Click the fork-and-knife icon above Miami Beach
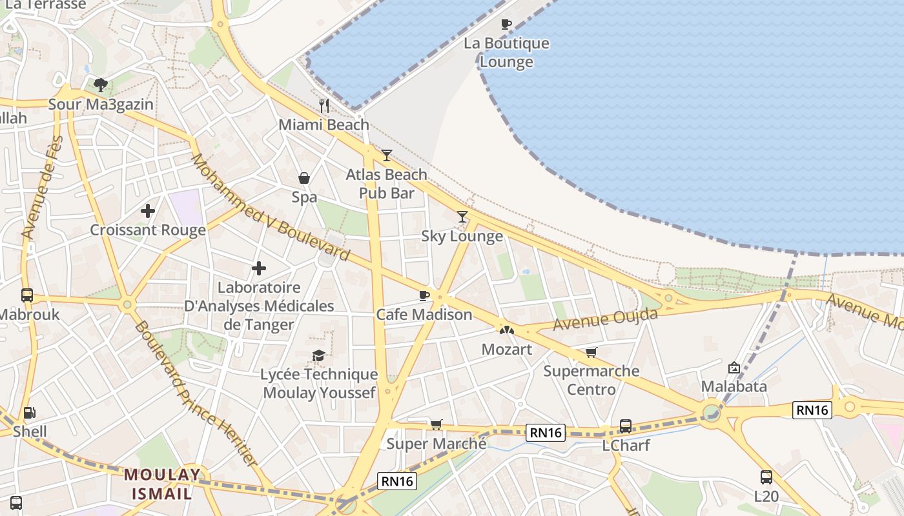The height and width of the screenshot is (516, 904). pyautogui.click(x=324, y=105)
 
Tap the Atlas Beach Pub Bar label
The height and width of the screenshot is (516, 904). pyautogui.click(x=386, y=184)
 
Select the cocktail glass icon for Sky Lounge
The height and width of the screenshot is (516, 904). pyautogui.click(x=462, y=217)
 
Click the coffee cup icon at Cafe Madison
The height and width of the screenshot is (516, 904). pyautogui.click(x=424, y=295)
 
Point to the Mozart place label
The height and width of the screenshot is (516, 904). pyautogui.click(x=507, y=350)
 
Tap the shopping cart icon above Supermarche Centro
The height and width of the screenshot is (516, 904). pyautogui.click(x=591, y=352)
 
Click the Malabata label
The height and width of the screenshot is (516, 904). pyautogui.click(x=734, y=386)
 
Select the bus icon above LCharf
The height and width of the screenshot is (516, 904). pyautogui.click(x=625, y=426)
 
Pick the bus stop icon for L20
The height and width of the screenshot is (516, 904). pyautogui.click(x=766, y=477)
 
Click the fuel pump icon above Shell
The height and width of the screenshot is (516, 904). pyautogui.click(x=29, y=413)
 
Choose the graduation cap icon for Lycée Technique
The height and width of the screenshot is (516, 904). pyautogui.click(x=318, y=355)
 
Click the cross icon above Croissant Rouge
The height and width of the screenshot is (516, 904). pyautogui.click(x=148, y=211)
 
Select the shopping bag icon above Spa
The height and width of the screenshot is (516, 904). pyautogui.click(x=303, y=178)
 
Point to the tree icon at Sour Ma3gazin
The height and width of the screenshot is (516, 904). pyautogui.click(x=100, y=84)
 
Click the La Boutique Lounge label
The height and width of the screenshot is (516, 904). pyautogui.click(x=506, y=53)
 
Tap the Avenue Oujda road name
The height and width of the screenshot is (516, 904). pyautogui.click(x=605, y=319)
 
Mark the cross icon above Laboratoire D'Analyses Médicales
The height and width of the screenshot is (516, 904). pyautogui.click(x=259, y=268)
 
